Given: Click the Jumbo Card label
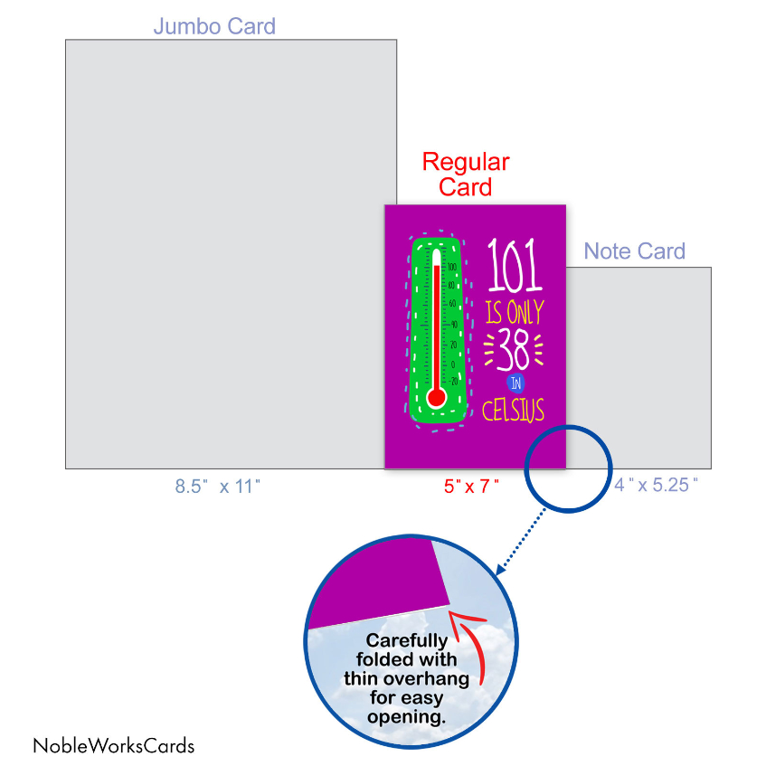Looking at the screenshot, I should coord(214,25).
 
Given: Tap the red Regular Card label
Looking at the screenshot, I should coord(466,175).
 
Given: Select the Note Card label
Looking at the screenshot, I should coord(635,251).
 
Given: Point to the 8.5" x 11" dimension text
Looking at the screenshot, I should coord(218,486).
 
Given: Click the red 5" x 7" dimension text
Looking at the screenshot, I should coord(471,486).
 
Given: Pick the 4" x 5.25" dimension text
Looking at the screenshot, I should coord(657,485).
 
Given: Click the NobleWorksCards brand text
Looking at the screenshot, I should coord(113,746).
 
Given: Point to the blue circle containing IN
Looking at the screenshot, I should coord(515,381).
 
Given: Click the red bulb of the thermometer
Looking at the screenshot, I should coord(437,398).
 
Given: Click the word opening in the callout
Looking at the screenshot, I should coord(408,716).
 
